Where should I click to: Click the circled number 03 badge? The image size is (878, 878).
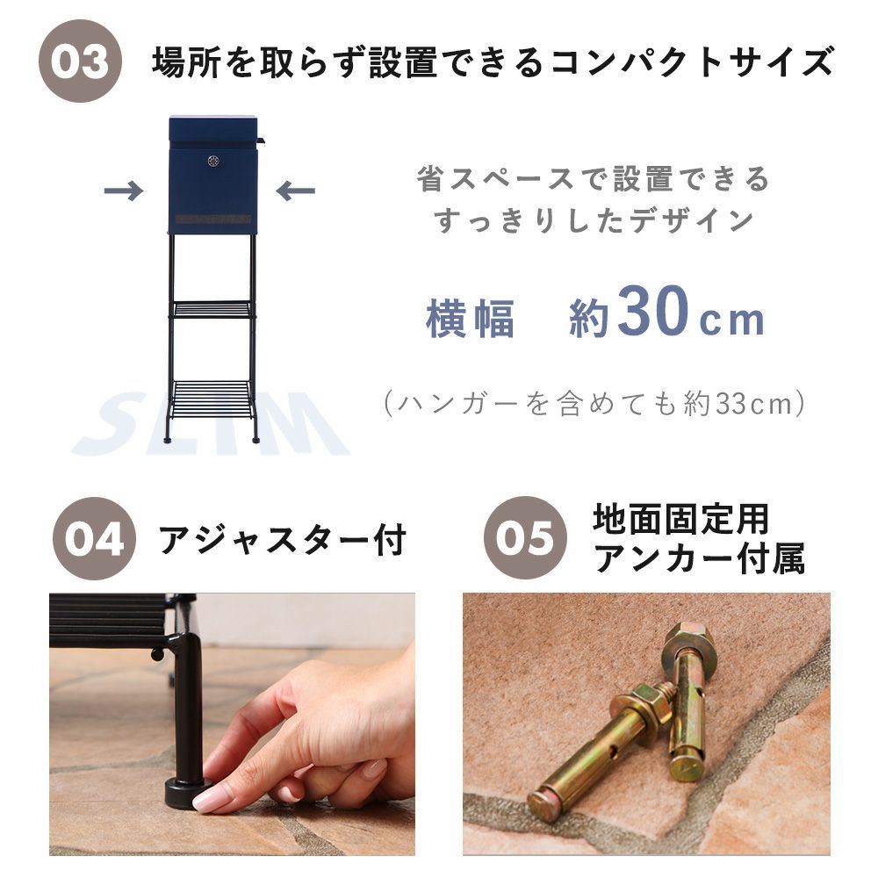pos(80,61)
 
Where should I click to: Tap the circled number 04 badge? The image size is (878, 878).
pos(94,539)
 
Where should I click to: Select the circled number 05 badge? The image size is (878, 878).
pos(525,537)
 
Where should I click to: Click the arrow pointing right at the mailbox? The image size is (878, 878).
pos(124,191)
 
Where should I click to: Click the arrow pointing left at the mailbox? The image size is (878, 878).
pos(296,191)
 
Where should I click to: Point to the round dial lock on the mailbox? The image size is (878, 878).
pos(213,162)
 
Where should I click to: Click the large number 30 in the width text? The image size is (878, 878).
pos(653,312)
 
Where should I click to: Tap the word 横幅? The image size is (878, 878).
pos(471,320)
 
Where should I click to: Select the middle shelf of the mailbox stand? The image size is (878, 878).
pos(212,309)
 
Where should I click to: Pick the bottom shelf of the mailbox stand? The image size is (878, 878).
pos(212,399)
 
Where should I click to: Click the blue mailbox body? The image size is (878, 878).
pos(213,175)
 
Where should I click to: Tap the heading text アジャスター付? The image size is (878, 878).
pos(282,540)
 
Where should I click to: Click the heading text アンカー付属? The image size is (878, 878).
pos(700,558)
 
